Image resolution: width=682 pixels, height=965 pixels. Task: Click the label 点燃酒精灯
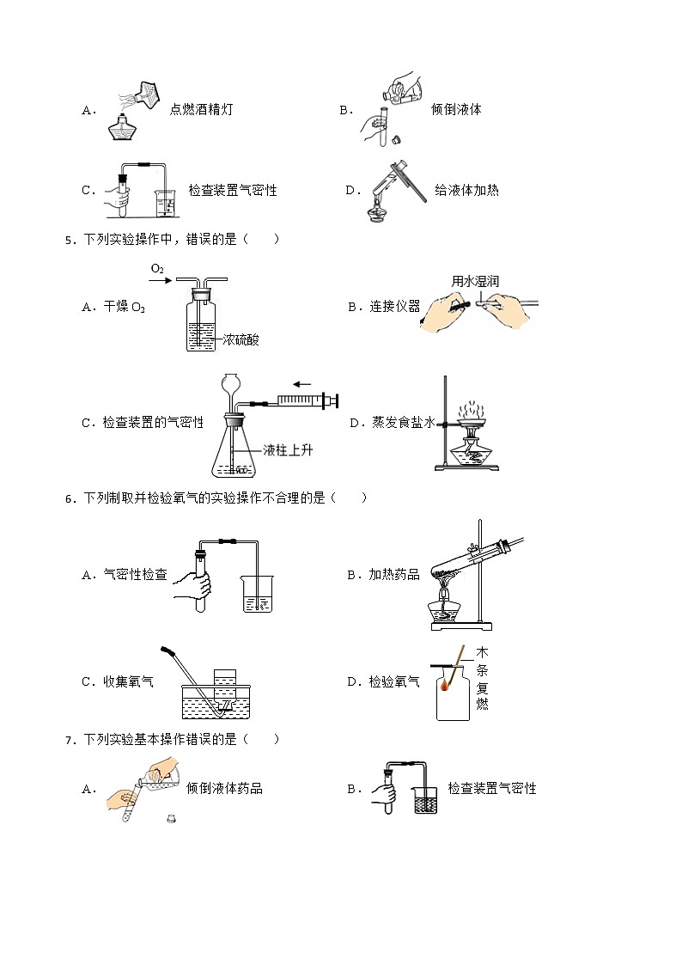pyautogui.click(x=201, y=110)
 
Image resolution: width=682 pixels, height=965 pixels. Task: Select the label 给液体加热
pyautogui.click(x=466, y=190)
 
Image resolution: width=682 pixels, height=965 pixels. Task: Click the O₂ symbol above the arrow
pyautogui.click(x=157, y=269)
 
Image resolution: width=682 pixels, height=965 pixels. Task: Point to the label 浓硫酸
pyautogui.click(x=241, y=339)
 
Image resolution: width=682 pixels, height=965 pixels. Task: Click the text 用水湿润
pyautogui.click(x=475, y=281)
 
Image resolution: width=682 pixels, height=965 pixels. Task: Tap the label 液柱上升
pyautogui.click(x=288, y=449)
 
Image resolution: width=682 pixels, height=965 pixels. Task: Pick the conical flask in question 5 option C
pyautogui.click(x=234, y=447)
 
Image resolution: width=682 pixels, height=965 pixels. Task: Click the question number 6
pyautogui.click(x=69, y=498)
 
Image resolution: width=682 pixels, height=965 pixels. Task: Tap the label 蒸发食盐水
pyautogui.click(x=405, y=423)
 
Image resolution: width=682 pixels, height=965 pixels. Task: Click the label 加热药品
pyautogui.click(x=394, y=575)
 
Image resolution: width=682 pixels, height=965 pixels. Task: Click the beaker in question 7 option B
pyautogui.click(x=425, y=800)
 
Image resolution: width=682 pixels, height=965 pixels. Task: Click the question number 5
pyautogui.click(x=69, y=240)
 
